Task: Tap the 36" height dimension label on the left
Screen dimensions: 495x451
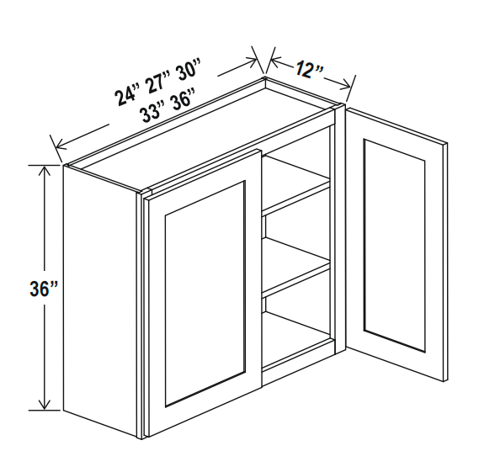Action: (x=44, y=289)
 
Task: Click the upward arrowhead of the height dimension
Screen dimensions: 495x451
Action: (x=45, y=172)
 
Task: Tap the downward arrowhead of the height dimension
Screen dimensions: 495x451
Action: (x=45, y=404)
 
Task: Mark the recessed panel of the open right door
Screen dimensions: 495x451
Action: (x=394, y=246)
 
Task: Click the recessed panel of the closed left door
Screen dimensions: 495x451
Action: (x=205, y=294)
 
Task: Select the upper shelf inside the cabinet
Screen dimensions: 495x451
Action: (x=296, y=184)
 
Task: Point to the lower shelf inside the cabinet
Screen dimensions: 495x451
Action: (x=296, y=266)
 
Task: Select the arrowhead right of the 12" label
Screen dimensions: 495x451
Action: (x=345, y=84)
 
